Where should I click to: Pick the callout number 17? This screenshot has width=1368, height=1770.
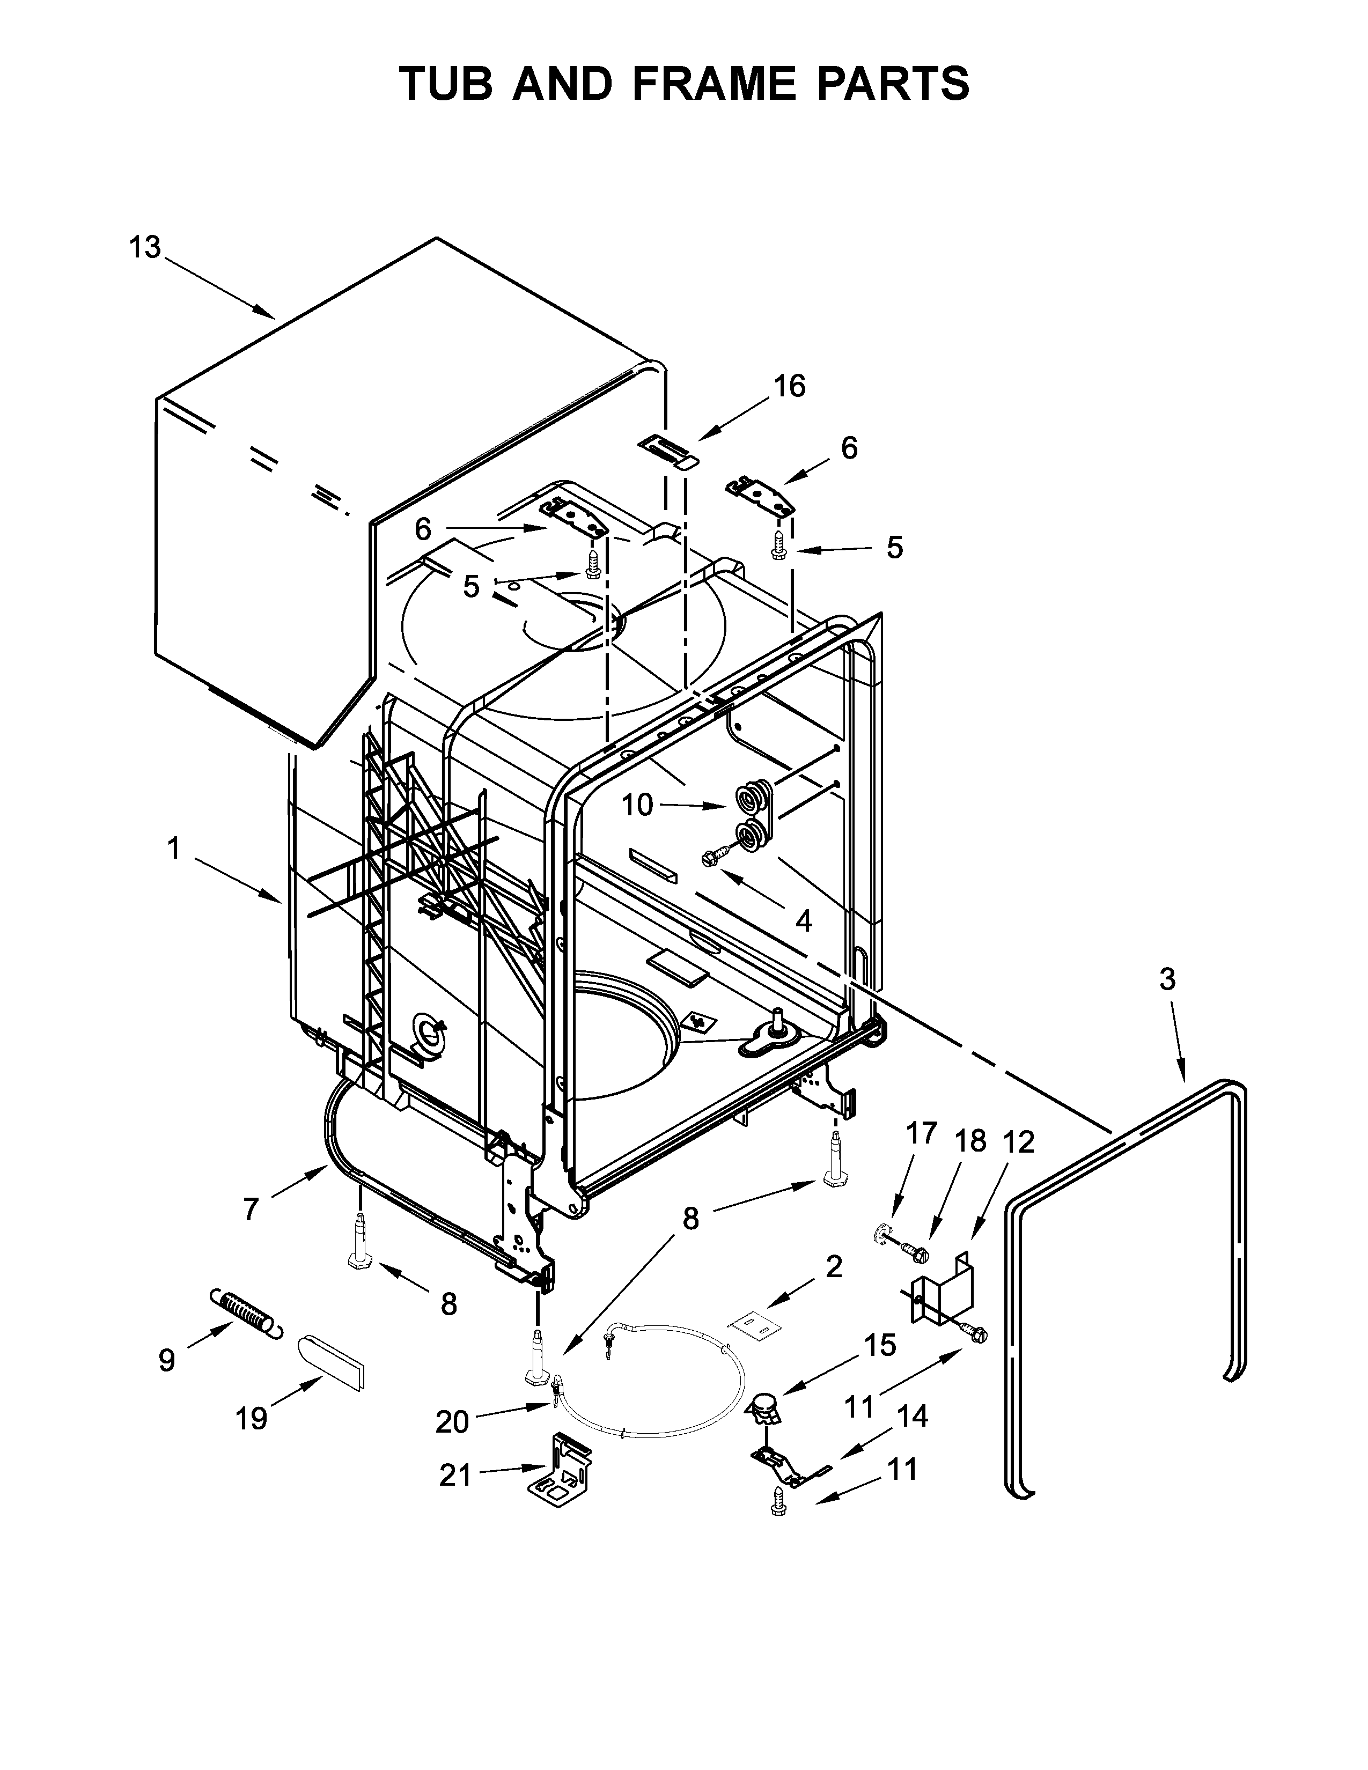922,1132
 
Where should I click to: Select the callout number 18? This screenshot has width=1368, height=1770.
970,1140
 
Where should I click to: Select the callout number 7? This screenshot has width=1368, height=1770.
251,1209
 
